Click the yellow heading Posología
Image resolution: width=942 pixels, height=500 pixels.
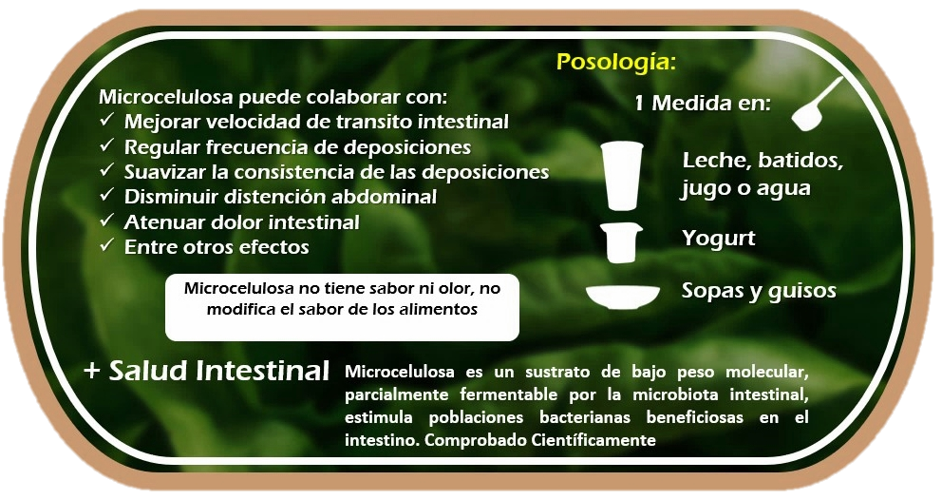[616, 63]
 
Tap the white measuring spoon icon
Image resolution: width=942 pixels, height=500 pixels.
[816, 105]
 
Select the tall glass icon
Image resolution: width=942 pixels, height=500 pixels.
[622, 175]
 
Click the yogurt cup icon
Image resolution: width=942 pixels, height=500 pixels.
[621, 242]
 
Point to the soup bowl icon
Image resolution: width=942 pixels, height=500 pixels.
[622, 297]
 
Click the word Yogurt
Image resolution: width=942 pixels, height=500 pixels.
[719, 239]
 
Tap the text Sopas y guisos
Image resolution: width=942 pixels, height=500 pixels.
[759, 291]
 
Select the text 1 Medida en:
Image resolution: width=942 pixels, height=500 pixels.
[703, 104]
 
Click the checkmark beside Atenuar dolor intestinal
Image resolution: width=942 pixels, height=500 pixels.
[107, 221]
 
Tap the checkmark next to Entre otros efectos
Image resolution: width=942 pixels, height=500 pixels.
[107, 245]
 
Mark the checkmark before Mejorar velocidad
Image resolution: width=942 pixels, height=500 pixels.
[107, 121]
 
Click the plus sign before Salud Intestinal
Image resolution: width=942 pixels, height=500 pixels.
[91, 371]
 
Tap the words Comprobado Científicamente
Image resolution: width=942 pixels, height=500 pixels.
[539, 440]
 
